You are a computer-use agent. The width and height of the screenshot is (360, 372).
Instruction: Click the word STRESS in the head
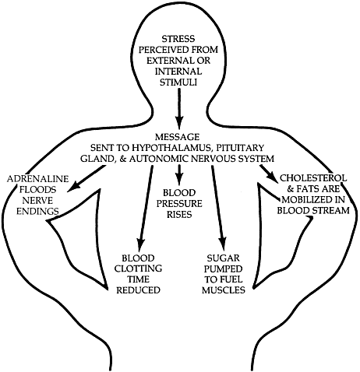[x=178, y=39]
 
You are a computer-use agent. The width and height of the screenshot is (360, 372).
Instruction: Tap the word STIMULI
[x=178, y=82]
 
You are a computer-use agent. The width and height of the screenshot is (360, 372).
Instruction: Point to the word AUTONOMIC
[x=158, y=159]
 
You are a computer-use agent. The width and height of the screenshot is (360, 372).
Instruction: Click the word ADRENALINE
[x=38, y=179]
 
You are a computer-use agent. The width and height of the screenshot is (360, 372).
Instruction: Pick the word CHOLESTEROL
[x=313, y=178]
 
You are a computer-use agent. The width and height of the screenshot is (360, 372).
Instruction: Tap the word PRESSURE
[x=179, y=204]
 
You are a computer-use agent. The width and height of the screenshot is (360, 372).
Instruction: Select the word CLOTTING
[x=138, y=268]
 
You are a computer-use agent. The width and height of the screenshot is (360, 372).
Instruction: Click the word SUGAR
[x=223, y=258]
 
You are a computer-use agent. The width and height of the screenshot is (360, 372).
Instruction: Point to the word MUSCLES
[x=224, y=290]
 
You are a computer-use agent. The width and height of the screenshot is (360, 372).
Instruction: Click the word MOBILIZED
[x=313, y=199]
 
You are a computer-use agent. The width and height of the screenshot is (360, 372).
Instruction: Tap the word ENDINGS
[x=37, y=211]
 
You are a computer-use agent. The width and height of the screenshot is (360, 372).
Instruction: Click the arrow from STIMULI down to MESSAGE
[x=179, y=107]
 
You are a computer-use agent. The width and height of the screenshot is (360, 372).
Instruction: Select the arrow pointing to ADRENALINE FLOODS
[x=86, y=179]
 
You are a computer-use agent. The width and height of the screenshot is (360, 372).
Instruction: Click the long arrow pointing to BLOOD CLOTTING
[x=145, y=206]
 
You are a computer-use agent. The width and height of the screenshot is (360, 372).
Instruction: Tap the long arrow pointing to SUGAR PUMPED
[x=218, y=205]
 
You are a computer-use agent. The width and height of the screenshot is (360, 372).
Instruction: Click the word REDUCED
[x=138, y=290]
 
